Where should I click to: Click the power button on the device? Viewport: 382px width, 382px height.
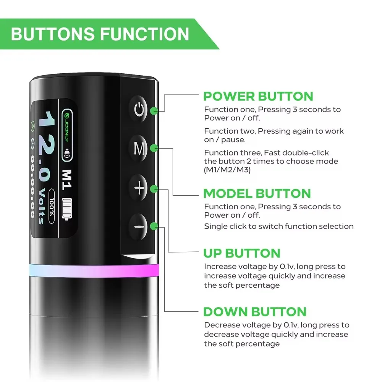[x=139, y=109]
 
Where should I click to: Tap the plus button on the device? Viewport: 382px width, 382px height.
[x=139, y=188]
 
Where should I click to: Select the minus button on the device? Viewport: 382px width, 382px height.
[x=139, y=227]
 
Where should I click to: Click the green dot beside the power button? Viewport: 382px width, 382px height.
[x=154, y=111]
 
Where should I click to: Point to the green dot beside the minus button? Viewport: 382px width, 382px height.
[x=154, y=226]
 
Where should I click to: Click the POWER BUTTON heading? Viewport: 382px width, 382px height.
[x=258, y=96]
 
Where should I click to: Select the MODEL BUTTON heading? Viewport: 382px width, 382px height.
[x=257, y=193]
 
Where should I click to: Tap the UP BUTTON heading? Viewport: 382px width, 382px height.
[x=242, y=253]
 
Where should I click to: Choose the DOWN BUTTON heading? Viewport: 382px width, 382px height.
[x=255, y=312]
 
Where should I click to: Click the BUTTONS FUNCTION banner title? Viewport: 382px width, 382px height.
[x=100, y=34]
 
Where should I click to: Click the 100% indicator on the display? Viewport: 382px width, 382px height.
[x=52, y=206]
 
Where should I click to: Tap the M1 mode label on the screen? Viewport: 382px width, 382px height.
[x=66, y=180]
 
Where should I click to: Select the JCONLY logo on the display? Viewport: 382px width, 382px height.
[x=67, y=135]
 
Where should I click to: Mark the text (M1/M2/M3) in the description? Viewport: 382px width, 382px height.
[x=227, y=170]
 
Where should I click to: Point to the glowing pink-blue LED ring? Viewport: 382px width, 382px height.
[x=94, y=270]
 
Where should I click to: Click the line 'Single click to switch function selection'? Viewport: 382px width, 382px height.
[x=279, y=226]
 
